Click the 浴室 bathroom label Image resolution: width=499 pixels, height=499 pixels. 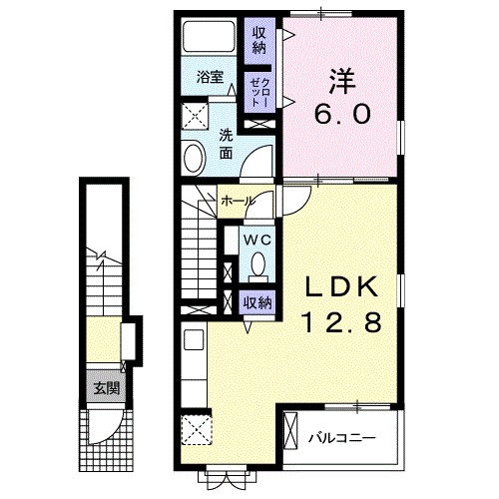pyautogui.click(x=210, y=77)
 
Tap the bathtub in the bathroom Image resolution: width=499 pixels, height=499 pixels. pyautogui.click(x=209, y=37)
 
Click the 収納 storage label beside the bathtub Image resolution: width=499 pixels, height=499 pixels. pyautogui.click(x=259, y=41)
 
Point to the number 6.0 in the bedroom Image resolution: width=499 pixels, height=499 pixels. pyautogui.click(x=342, y=114)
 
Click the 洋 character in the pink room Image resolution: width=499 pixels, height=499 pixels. pyautogui.click(x=342, y=81)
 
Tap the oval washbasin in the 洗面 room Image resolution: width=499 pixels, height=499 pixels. pyautogui.click(x=194, y=158)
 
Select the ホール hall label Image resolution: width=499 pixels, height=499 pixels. pyautogui.click(x=238, y=201)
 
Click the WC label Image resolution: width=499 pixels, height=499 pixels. pyautogui.click(x=257, y=240)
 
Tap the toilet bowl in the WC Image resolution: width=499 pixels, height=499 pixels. pyautogui.click(x=258, y=264)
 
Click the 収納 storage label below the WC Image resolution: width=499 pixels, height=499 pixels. pyautogui.click(x=257, y=303)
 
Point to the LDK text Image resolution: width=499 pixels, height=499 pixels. pyautogui.click(x=342, y=286)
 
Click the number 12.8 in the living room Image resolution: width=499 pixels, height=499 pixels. pyautogui.click(x=342, y=322)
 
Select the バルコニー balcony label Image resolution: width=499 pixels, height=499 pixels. pyautogui.click(x=342, y=438)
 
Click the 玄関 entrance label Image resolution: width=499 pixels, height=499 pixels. pyautogui.click(x=106, y=388)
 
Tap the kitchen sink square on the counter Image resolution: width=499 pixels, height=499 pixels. pyautogui.click(x=194, y=339)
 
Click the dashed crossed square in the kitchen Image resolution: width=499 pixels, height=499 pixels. pyautogui.click(x=197, y=430)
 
